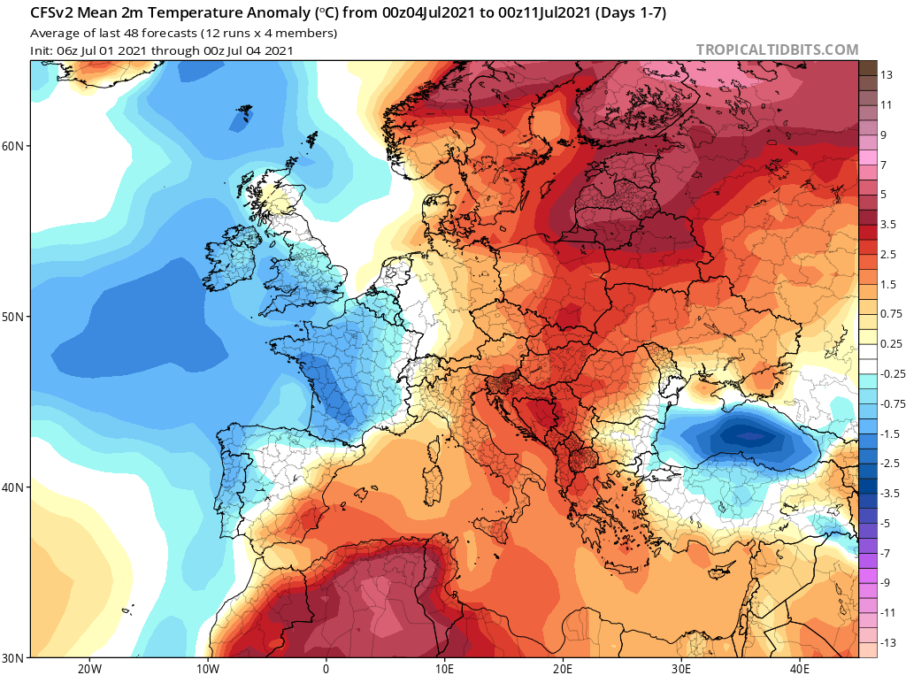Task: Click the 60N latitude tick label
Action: (x=14, y=146)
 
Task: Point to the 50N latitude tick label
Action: (x=14, y=317)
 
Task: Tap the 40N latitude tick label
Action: (x=14, y=487)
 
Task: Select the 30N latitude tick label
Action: (x=14, y=658)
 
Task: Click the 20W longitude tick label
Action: (x=88, y=669)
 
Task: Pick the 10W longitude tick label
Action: (x=207, y=669)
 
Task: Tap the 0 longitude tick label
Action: (x=326, y=669)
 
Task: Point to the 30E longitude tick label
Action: (x=681, y=669)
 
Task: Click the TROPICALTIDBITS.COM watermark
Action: (x=777, y=50)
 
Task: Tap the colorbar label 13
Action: (x=887, y=75)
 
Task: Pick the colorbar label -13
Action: (x=887, y=642)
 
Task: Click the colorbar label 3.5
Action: (x=889, y=225)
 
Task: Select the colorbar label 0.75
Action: (x=890, y=314)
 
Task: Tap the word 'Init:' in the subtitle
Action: (x=43, y=50)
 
